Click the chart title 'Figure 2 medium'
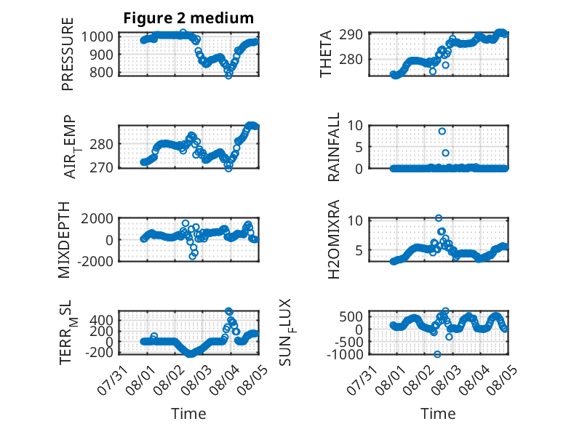point(188,18)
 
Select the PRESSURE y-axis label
point(68,54)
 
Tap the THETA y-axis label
point(326,54)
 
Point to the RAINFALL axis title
point(333,146)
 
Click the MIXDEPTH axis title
point(64,239)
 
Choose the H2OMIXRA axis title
point(333,239)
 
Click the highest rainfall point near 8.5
point(442,132)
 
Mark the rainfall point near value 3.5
point(445,153)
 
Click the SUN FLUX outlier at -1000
point(437,354)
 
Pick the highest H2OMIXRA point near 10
point(439,218)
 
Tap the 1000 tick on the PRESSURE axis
point(97,36)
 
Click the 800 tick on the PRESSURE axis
point(101,72)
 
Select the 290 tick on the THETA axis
point(351,35)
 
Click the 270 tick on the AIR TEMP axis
point(101,167)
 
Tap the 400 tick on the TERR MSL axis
point(101,320)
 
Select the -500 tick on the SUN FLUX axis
point(348,341)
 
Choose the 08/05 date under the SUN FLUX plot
point(502,380)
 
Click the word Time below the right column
point(438,414)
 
